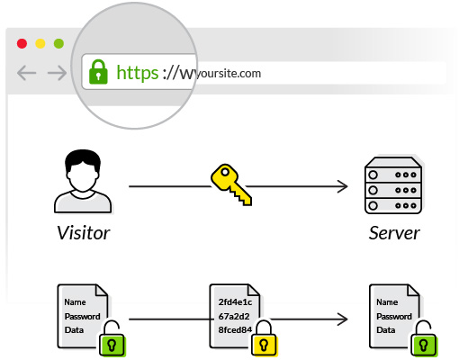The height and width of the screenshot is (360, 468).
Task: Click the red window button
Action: pos(22,43)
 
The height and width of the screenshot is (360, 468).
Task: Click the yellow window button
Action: pos(40,43)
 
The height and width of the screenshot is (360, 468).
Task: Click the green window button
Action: pos(58,43)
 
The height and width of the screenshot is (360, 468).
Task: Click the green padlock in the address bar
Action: pos(97,72)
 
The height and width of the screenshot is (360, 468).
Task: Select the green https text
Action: pos(136,73)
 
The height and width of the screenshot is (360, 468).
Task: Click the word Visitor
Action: pos(82,233)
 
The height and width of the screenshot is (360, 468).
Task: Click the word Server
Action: pos(394,233)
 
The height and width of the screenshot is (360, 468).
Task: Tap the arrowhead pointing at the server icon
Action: pos(343,187)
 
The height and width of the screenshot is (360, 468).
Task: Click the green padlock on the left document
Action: pos(110,340)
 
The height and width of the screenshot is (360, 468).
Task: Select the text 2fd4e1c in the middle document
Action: pos(235,302)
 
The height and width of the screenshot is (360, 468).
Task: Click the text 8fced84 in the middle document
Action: pos(235,330)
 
